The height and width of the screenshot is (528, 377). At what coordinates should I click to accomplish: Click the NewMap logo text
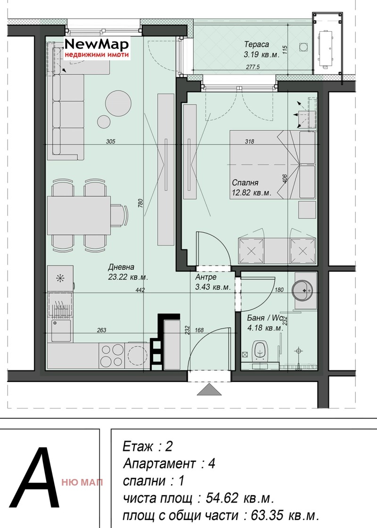point(97,44)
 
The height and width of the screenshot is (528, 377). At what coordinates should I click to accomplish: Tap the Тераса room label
point(256,44)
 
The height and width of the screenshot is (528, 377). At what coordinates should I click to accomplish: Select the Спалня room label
point(245,182)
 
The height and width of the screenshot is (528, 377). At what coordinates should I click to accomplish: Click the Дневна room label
point(121,267)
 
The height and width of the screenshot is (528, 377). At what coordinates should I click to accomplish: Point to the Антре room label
point(205,277)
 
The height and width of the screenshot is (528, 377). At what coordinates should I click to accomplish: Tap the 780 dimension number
point(140,203)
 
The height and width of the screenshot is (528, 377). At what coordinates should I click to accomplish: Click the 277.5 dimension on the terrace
point(253,67)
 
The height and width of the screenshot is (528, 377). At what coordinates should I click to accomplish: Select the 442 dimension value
point(140,289)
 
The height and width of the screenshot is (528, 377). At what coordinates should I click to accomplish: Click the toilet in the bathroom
point(260,352)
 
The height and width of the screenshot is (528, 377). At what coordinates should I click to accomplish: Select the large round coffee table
point(118,103)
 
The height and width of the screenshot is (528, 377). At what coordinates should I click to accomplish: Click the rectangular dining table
point(79,215)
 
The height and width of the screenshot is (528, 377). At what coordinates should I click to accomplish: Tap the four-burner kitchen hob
point(112,356)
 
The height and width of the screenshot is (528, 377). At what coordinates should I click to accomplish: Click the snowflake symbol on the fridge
point(60,278)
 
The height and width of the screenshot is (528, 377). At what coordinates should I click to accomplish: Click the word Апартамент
point(159,464)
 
